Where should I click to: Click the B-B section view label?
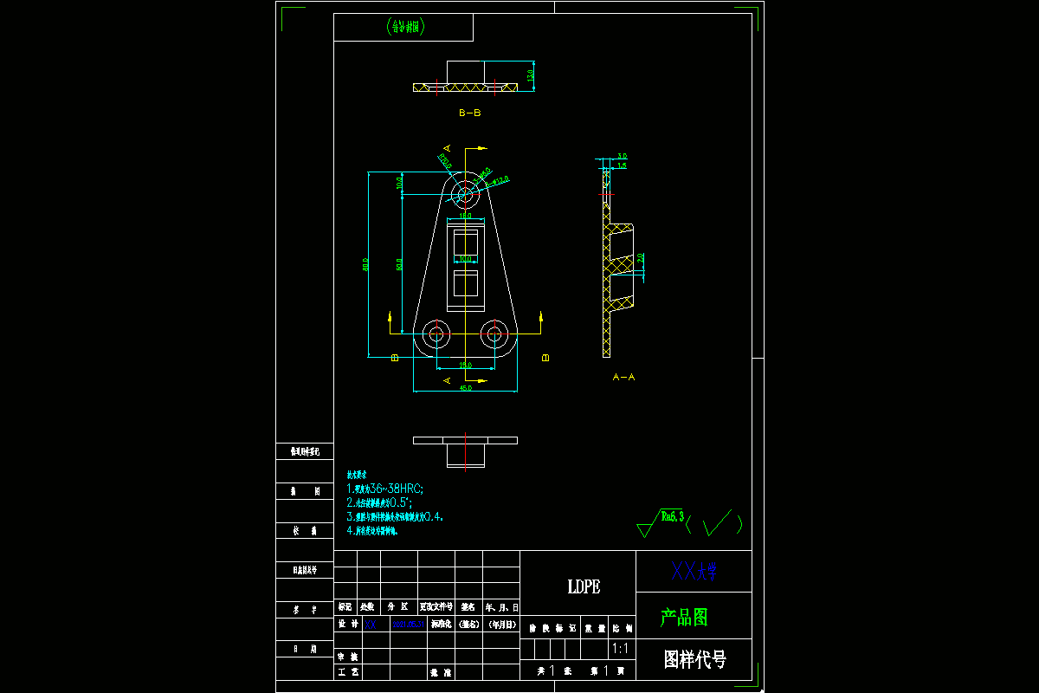tap(469, 113)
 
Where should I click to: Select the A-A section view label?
tap(623, 377)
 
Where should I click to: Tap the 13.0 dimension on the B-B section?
tap(531, 74)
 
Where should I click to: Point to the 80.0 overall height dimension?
tap(366, 264)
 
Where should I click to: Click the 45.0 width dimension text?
tap(465, 388)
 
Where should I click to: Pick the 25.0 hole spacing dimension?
tap(465, 366)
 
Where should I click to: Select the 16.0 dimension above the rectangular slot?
tap(465, 215)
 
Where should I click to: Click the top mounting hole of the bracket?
tap(466, 190)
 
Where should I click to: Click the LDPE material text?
tap(584, 586)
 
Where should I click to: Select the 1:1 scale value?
tap(620, 648)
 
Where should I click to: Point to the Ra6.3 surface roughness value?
tap(673, 516)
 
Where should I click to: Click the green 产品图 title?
tap(684, 617)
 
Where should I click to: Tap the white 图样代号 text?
tap(694, 659)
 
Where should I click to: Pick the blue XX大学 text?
tap(694, 570)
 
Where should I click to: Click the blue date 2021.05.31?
tap(409, 624)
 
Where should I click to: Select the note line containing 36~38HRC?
tap(384, 489)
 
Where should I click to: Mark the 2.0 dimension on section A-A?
tap(642, 258)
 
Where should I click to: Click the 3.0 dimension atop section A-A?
tap(622, 156)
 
